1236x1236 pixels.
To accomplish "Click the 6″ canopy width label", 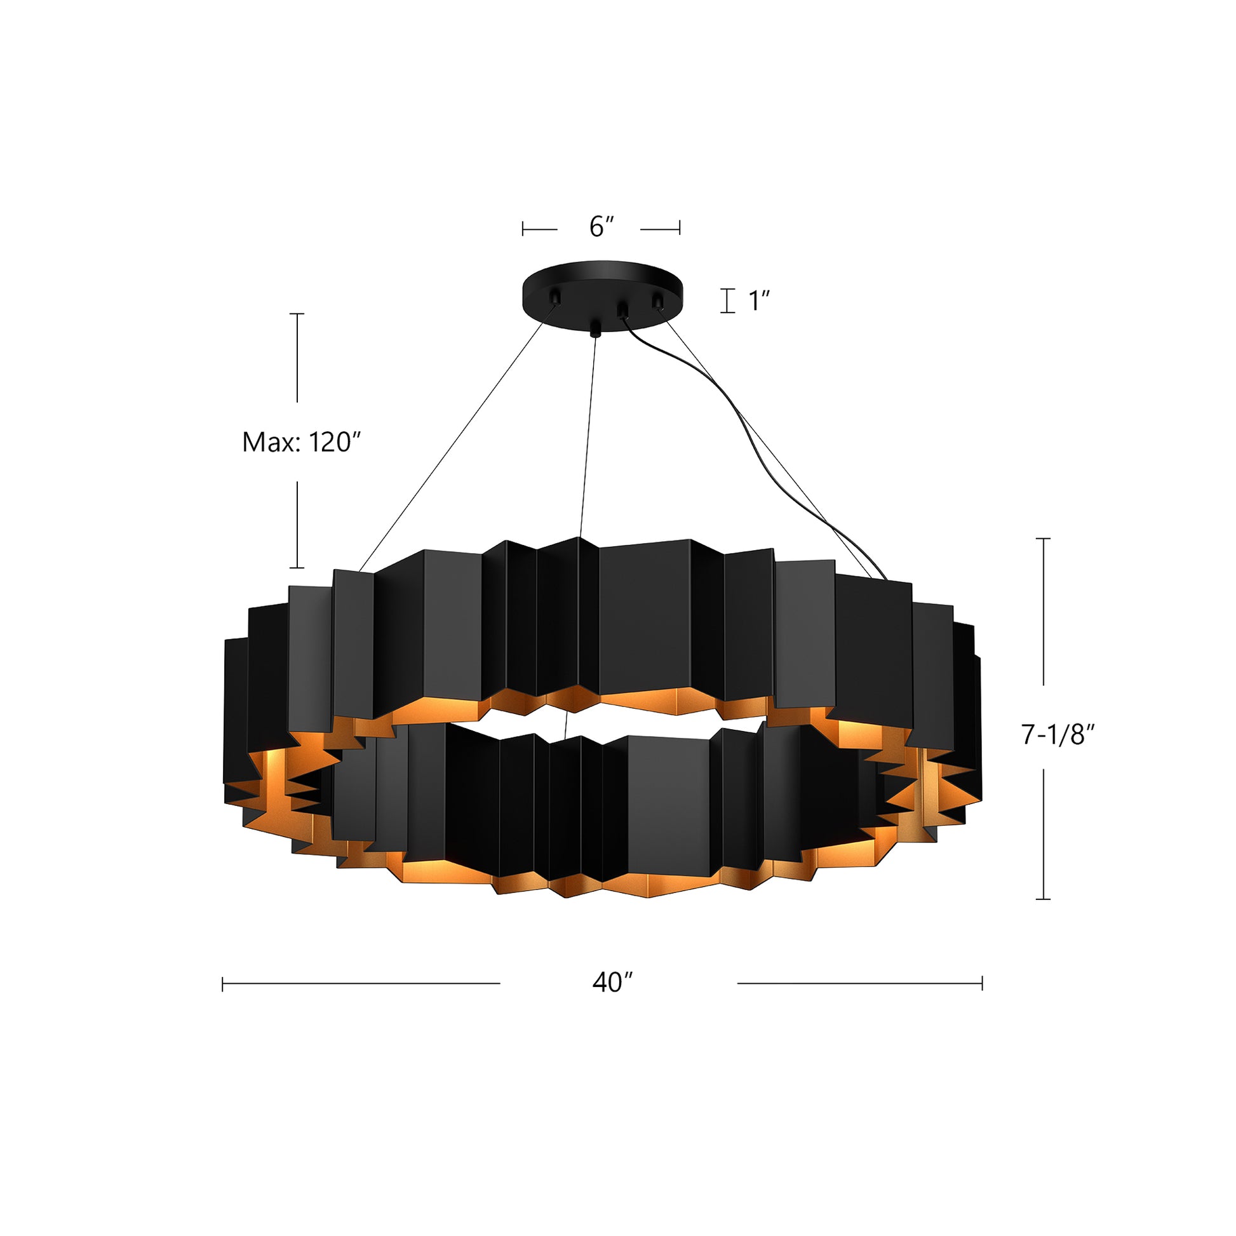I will click(601, 227).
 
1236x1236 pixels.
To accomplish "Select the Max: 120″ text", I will click(302, 442).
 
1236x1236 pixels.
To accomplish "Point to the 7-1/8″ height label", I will click(1058, 735).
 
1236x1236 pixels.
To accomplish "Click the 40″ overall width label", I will click(612, 982).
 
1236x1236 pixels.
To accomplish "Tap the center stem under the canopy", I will click(596, 328).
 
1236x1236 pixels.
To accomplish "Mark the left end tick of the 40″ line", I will click(223, 984).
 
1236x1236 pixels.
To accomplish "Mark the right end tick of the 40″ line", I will click(982, 984).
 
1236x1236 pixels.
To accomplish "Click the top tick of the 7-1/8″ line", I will click(1043, 539).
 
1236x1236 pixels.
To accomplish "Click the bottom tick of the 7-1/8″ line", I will click(1043, 899).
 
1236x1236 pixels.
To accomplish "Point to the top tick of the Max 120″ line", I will click(297, 314).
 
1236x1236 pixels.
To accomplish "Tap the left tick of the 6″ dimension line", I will click(523, 229).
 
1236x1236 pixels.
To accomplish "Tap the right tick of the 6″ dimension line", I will click(680, 229).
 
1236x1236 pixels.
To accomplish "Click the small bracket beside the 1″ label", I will click(727, 300).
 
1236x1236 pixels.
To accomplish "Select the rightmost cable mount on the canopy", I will click(655, 300).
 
